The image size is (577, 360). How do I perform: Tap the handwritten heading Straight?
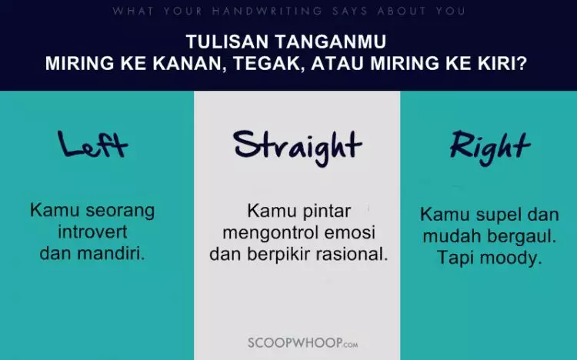297,145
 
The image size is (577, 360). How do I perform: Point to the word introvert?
93,232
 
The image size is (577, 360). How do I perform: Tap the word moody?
513,258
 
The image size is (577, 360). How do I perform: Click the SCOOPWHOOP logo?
298,341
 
